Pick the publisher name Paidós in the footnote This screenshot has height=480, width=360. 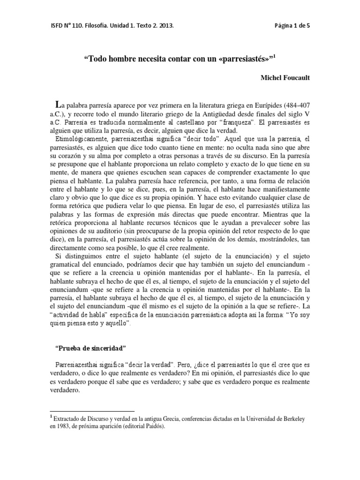click(x=153, y=427)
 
